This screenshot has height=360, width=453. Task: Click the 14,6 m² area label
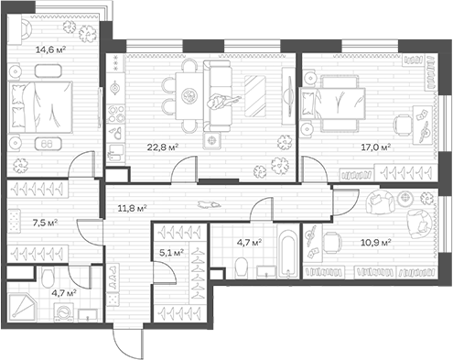[x=51, y=49]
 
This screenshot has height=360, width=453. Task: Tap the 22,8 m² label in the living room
[x=163, y=147]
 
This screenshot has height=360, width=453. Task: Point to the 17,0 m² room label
[x=376, y=147]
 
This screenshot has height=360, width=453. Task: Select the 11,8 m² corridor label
[x=133, y=209]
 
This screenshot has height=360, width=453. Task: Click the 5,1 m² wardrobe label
[x=172, y=252]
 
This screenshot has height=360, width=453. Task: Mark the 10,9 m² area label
[x=376, y=243]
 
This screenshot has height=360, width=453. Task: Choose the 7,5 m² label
[x=45, y=223]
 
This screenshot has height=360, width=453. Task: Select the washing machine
[x=63, y=312]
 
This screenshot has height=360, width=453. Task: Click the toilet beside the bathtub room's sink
[x=242, y=267]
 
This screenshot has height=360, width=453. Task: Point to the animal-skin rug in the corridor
[x=209, y=204]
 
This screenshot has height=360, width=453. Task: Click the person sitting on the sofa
[x=221, y=102]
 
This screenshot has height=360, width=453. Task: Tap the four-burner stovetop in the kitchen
[x=116, y=114]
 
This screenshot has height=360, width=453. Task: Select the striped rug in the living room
[x=255, y=95]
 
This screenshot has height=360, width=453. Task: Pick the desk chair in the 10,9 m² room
[x=331, y=242]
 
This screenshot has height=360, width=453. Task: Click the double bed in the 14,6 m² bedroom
[x=40, y=107]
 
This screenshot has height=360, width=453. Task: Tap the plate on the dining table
[x=188, y=96]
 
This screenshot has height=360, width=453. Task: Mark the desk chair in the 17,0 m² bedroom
[x=404, y=125]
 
